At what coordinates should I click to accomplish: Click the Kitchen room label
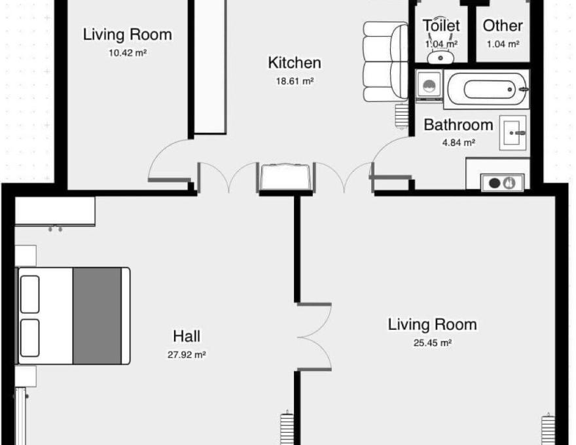tap(295, 63)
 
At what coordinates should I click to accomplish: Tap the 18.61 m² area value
tap(295, 81)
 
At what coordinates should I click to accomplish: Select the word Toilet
tap(441, 26)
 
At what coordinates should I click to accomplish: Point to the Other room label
tap(503, 26)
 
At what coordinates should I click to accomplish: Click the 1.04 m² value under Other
tap(503, 44)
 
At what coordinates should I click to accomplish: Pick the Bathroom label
tap(458, 125)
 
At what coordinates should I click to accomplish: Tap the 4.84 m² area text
tap(459, 143)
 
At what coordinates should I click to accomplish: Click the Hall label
tap(187, 336)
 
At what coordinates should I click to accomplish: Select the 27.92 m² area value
tap(187, 355)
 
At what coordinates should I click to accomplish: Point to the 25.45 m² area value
tap(433, 343)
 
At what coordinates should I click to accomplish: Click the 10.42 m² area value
tap(128, 53)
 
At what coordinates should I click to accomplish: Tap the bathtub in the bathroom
tap(486, 90)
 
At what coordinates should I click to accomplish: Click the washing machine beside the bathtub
tap(429, 86)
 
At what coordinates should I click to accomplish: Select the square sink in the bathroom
tap(513, 133)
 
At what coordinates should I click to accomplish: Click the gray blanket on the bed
tap(97, 316)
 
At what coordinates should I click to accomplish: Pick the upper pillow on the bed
tap(29, 294)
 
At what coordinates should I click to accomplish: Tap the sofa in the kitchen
tap(386, 62)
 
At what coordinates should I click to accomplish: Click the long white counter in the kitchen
tap(209, 67)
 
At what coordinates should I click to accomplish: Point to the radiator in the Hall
tap(287, 428)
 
